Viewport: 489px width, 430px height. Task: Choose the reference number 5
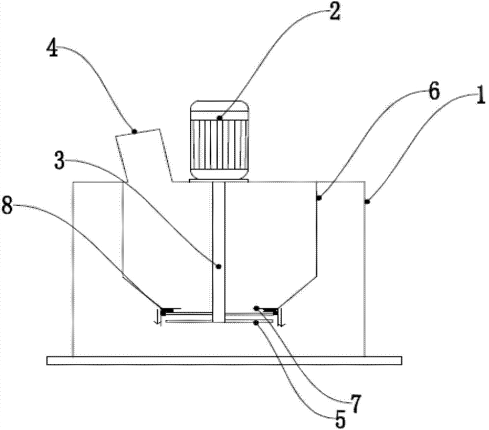(341, 419)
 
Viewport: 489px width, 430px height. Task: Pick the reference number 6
(433, 91)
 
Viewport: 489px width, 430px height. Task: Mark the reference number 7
(356, 405)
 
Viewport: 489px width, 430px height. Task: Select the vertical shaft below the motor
(219, 235)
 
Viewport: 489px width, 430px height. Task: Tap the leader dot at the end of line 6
(319, 198)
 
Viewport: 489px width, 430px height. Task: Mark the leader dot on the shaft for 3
(219, 266)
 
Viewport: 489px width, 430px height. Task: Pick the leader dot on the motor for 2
(220, 118)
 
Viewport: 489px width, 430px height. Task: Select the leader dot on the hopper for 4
(135, 131)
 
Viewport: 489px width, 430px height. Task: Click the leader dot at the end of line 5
(256, 322)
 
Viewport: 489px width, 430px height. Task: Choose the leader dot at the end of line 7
(256, 308)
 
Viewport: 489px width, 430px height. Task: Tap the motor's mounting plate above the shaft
(219, 181)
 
